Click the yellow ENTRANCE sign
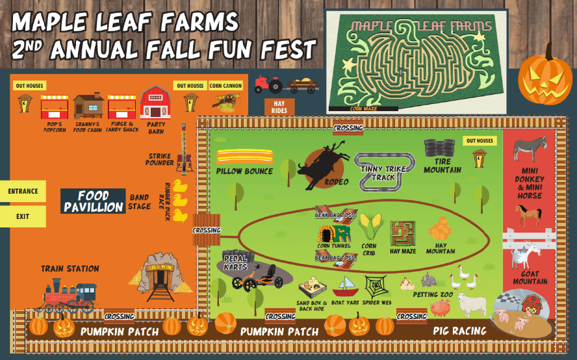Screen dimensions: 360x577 tap(23, 192)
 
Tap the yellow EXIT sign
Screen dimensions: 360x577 tap(23, 216)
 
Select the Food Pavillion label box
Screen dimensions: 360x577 tap(94, 201)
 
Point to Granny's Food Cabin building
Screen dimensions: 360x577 tap(88, 105)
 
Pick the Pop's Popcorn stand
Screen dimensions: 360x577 tap(55, 107)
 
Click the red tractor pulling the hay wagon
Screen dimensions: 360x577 tap(268, 84)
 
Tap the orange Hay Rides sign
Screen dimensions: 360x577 tap(279, 107)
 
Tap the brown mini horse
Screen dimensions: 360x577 tap(528, 214)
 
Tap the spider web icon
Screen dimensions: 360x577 tap(377, 287)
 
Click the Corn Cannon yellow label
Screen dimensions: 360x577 tap(225, 86)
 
